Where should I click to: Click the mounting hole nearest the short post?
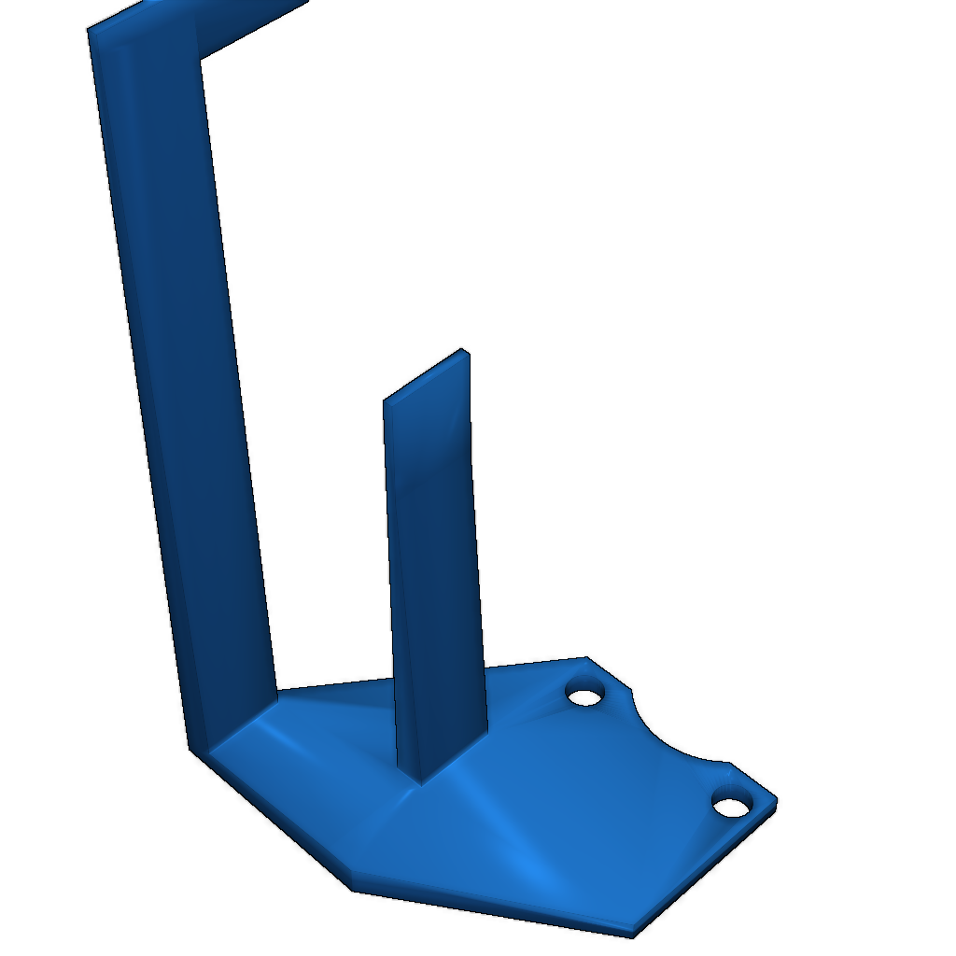click(584, 696)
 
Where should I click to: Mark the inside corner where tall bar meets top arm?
click(203, 58)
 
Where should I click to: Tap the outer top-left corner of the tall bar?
click(90, 31)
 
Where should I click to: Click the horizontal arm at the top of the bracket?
click(243, 23)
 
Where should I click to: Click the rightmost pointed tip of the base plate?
click(775, 800)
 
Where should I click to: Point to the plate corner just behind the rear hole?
click(586, 659)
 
